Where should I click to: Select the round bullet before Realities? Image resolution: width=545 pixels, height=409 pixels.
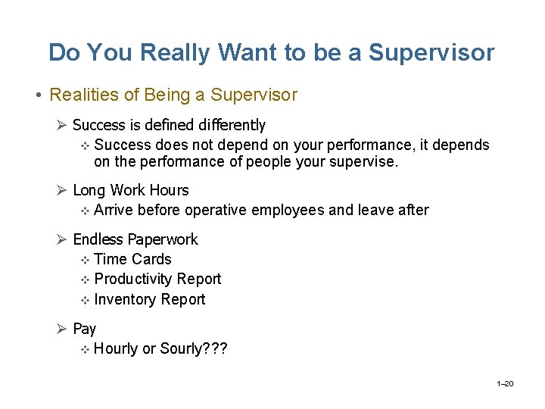[x=37, y=96]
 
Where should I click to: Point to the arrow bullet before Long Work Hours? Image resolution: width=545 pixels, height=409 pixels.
[x=63, y=190]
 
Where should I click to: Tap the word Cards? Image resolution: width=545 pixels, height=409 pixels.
[x=151, y=259]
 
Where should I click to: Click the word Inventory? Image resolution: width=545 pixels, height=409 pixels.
[x=124, y=299]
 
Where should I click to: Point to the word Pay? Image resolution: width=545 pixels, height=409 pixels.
[x=84, y=329]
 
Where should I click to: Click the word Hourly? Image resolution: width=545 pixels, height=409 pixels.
[x=117, y=349]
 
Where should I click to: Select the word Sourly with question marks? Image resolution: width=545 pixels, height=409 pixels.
[x=194, y=349]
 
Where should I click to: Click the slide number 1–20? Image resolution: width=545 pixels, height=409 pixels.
[x=506, y=384]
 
